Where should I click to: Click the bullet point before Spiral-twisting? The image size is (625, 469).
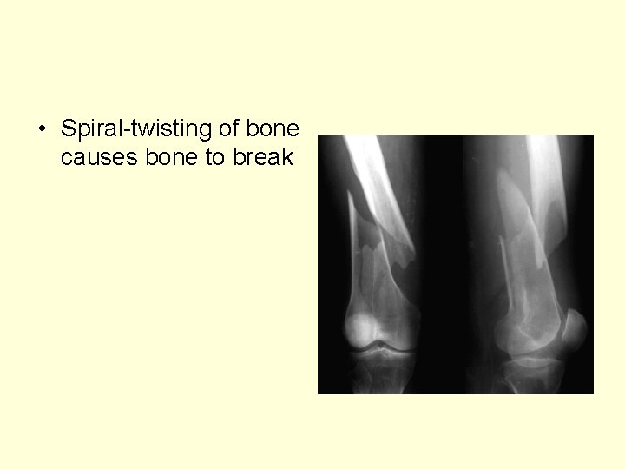click(x=42, y=130)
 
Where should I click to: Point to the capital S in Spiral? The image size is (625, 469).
click(x=69, y=129)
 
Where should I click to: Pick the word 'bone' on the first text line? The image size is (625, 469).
click(x=275, y=129)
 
